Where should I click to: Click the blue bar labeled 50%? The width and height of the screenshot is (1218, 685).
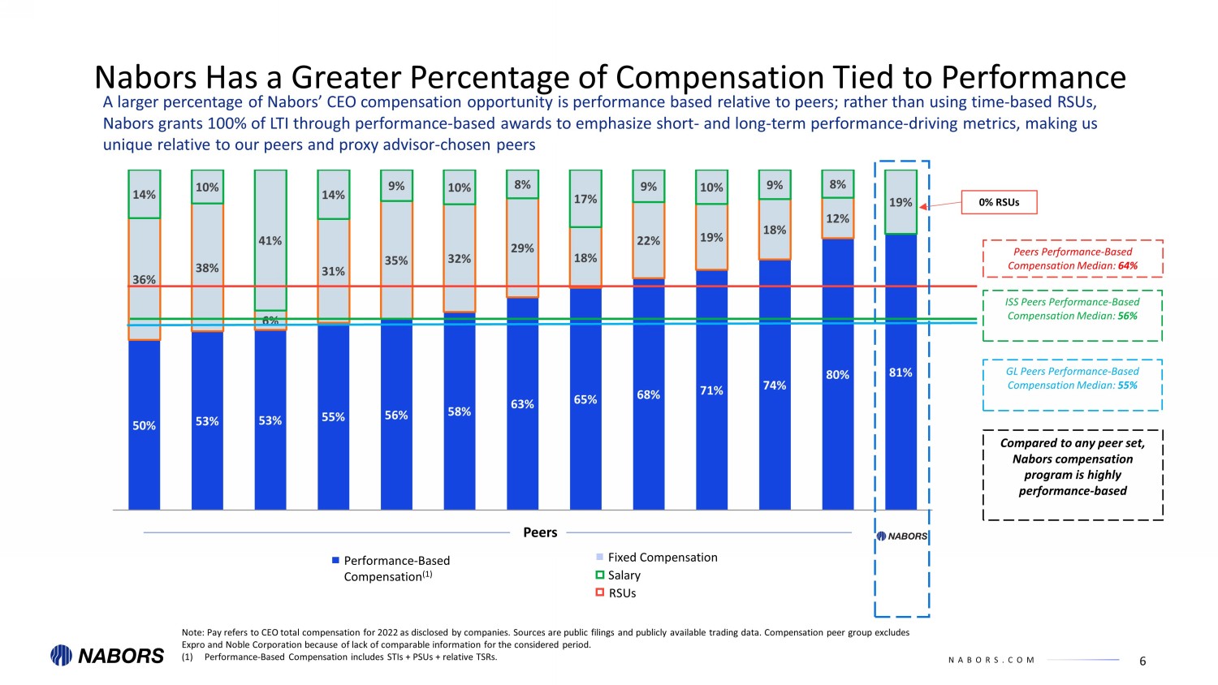144,424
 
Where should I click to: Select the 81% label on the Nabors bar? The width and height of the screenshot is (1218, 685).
901,373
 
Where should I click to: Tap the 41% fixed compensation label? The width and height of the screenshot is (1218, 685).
270,241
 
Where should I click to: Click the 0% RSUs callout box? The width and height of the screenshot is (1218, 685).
999,202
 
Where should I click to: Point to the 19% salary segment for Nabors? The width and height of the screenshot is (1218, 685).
901,202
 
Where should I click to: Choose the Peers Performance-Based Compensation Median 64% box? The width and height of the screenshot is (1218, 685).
1072,259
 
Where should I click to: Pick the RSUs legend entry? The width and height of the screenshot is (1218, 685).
621,593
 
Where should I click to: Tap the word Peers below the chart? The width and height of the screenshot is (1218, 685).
540,532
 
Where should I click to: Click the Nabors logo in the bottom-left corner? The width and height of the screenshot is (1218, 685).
107,656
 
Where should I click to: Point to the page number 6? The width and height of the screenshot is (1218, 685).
1142,661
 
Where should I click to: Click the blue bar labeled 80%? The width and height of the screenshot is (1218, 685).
837,375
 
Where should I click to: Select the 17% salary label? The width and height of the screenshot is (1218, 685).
585,199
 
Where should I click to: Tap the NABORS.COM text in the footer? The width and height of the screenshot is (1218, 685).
991,661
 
